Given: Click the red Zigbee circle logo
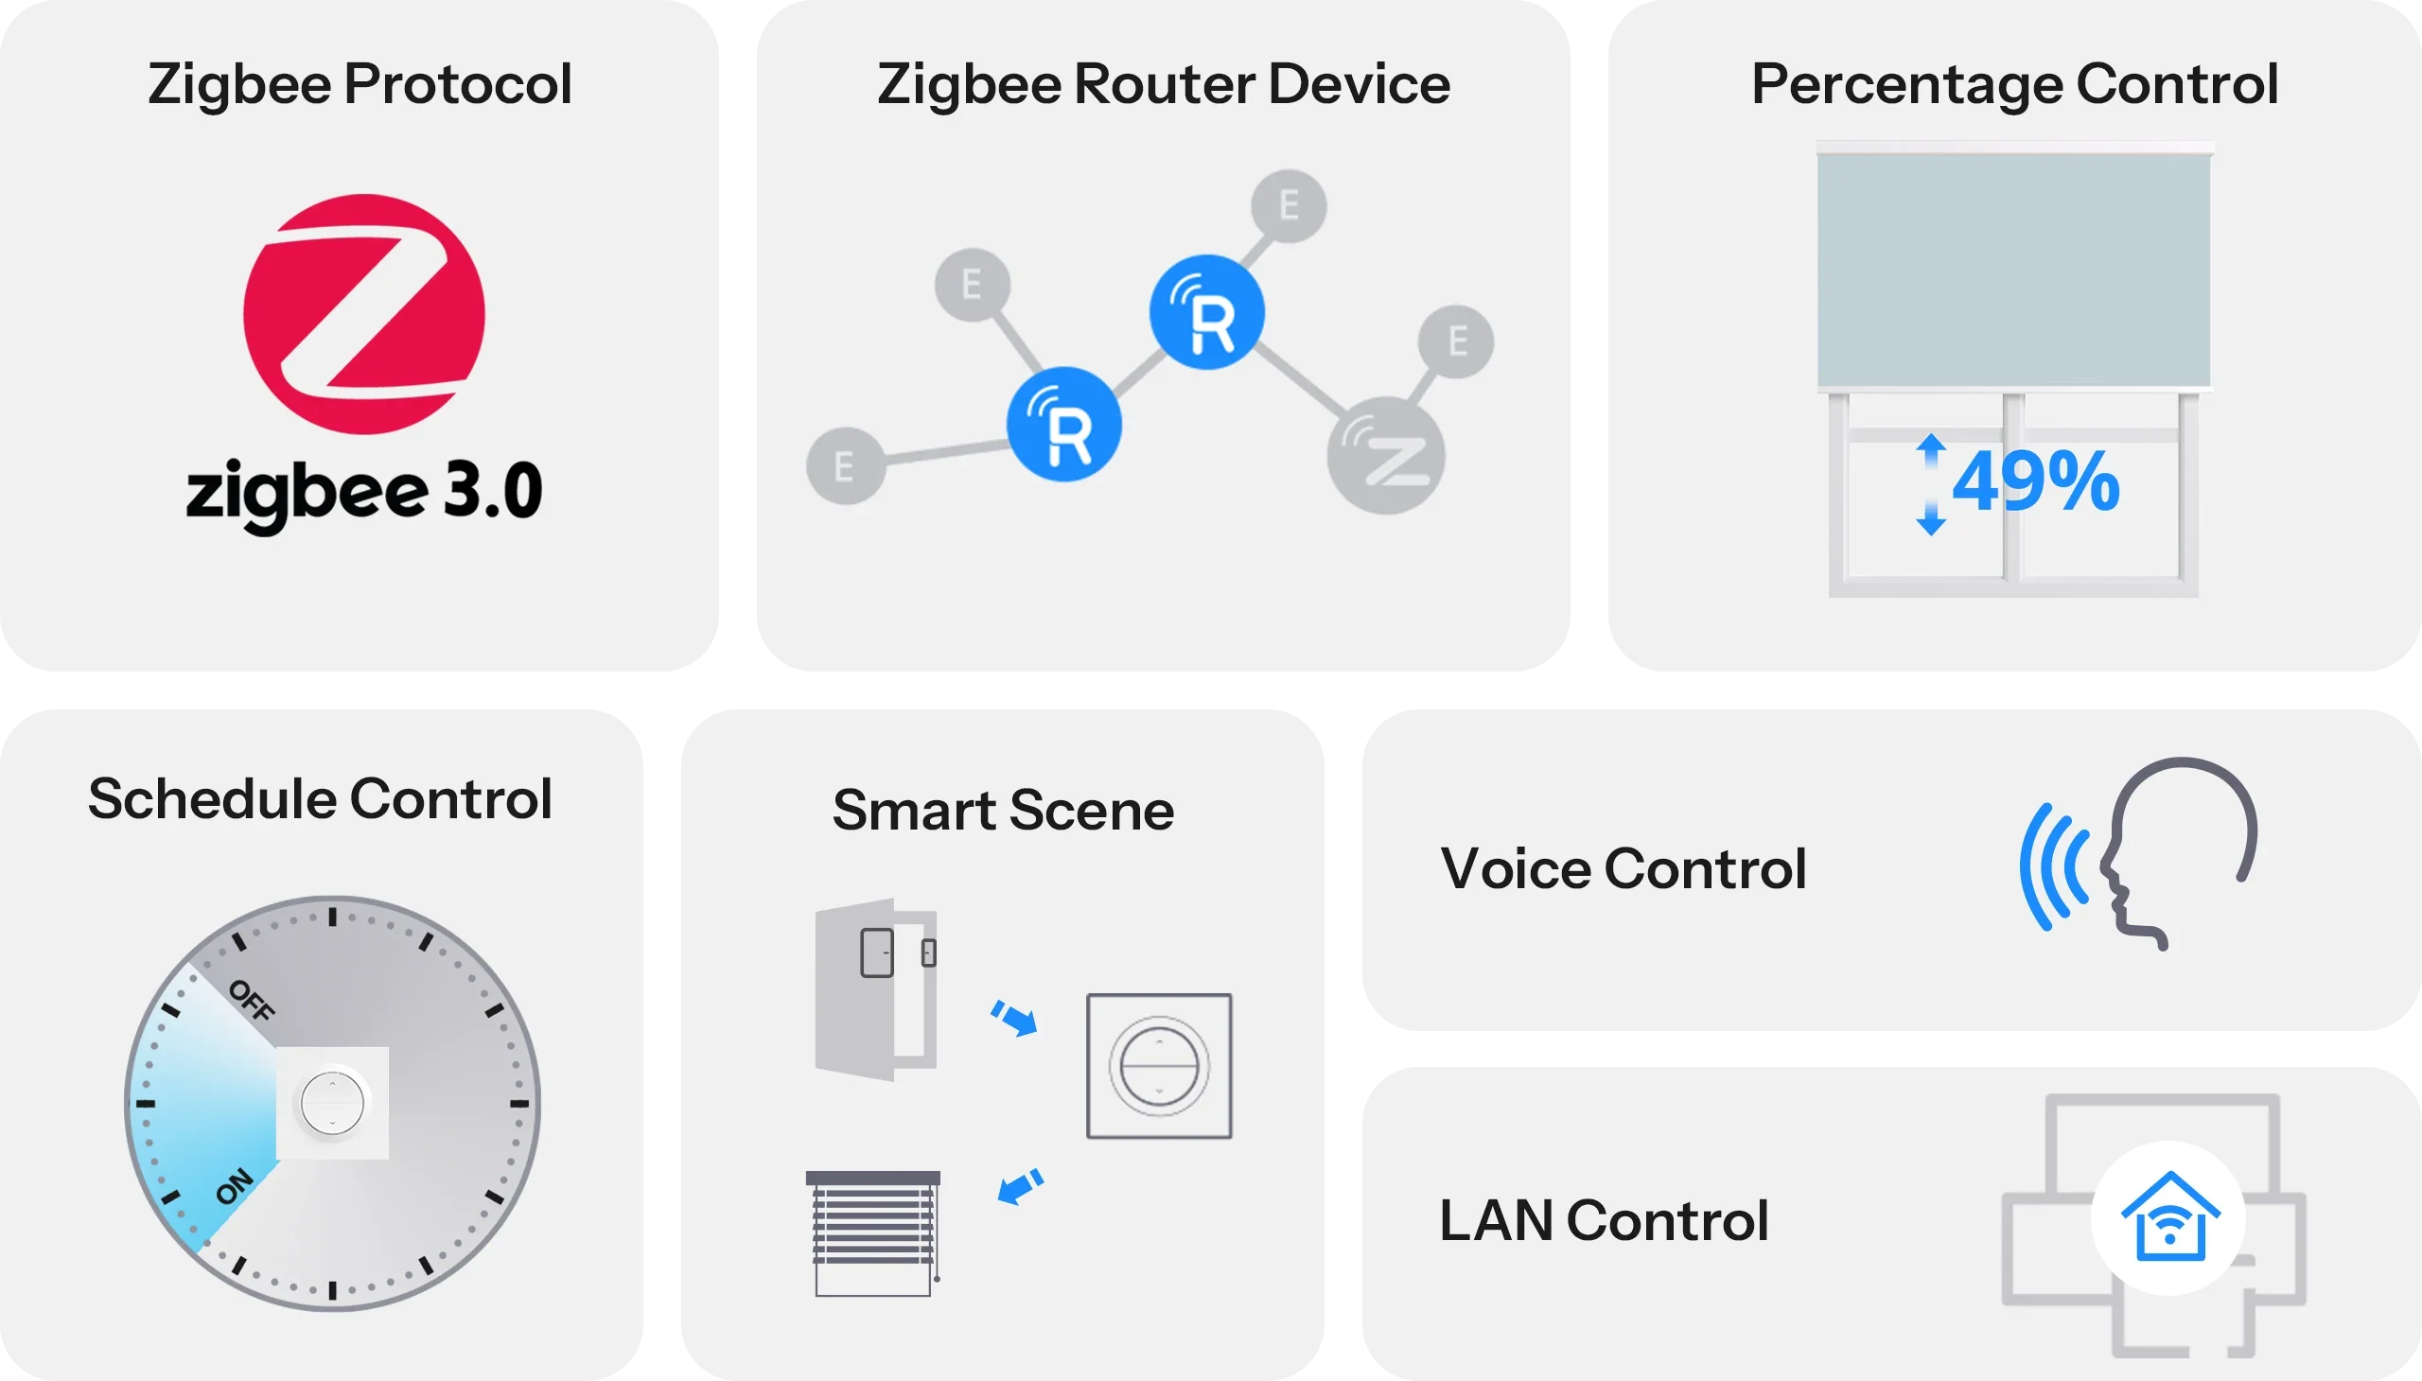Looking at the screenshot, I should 364,314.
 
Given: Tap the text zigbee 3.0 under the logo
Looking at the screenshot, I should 364,491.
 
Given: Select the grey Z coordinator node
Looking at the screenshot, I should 1386,456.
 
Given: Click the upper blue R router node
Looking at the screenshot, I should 1206,312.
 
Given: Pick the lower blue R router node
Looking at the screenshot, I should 1064,424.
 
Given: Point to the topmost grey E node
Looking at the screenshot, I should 1289,205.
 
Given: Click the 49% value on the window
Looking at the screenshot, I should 2036,481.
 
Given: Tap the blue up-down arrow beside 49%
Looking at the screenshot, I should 1931,483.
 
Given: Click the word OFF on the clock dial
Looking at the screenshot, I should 253,1000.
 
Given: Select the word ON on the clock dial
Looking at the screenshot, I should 236,1185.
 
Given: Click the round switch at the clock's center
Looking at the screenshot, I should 332,1103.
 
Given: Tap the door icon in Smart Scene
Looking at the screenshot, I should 876,989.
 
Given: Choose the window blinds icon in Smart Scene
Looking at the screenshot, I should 873,1233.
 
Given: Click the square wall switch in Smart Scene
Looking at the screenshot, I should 1158,1065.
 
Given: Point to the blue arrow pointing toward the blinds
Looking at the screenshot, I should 1021,1185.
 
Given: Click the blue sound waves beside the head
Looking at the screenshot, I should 2055,866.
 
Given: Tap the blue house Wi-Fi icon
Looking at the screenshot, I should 2169,1218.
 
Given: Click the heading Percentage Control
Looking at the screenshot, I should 2014,84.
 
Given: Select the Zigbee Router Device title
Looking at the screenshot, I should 1163,84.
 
